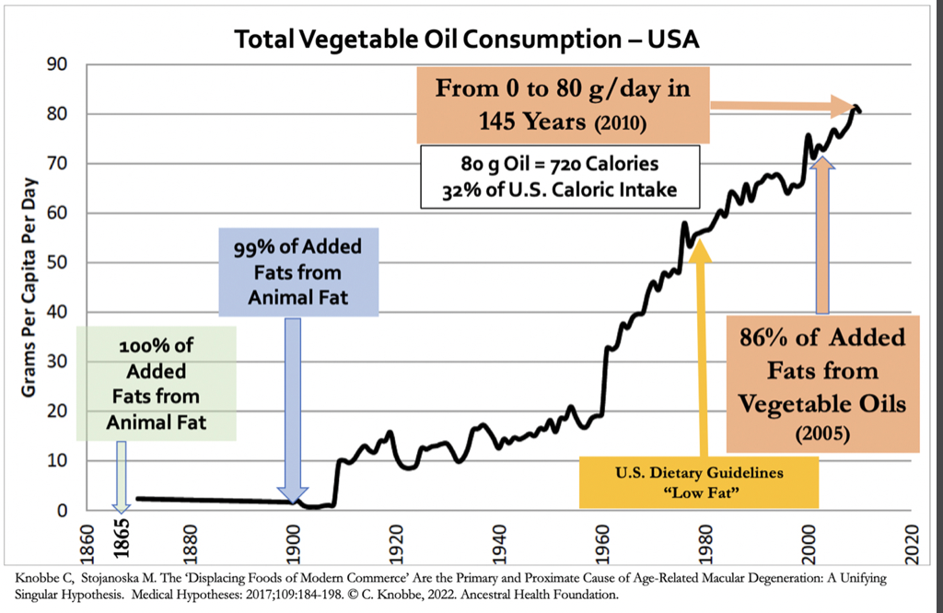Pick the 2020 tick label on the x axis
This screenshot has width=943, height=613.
[x=911, y=538]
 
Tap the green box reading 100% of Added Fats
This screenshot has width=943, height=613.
[x=157, y=383]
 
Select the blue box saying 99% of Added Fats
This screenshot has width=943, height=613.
[x=297, y=272]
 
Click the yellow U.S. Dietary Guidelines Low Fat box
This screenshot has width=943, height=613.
[x=699, y=481]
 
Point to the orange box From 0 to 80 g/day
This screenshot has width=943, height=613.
[x=562, y=103]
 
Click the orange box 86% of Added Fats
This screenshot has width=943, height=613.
[x=822, y=383]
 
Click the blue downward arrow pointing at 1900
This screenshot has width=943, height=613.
[x=293, y=405]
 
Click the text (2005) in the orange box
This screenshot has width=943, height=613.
[x=822, y=430]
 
